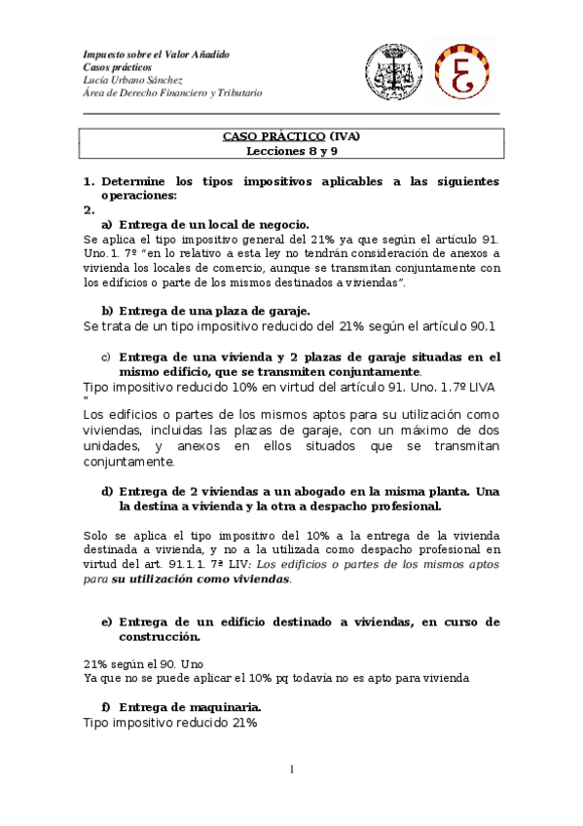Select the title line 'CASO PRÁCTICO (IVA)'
pyautogui.click(x=291, y=137)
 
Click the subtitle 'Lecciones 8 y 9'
pyautogui.click(x=291, y=151)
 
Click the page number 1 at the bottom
pyautogui.click(x=290, y=770)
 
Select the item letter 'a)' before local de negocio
pyautogui.click(x=107, y=224)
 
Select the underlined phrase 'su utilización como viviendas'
pyautogui.click(x=200, y=579)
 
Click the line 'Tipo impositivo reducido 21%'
pyautogui.click(x=170, y=724)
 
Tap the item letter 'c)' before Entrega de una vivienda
pyautogui.click(x=107, y=357)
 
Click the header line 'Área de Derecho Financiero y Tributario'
pyautogui.click(x=172, y=94)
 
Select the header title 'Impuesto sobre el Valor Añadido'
pyautogui.click(x=157, y=55)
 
